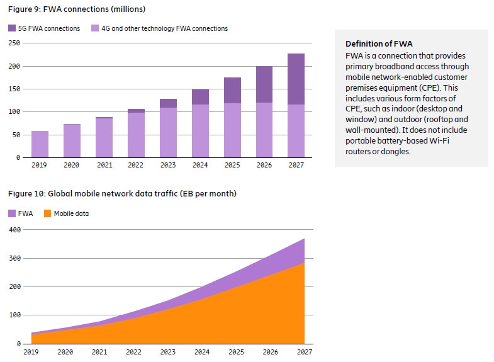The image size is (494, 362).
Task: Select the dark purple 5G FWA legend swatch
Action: coord(12,28)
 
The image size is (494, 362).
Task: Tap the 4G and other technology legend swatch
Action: coord(96,28)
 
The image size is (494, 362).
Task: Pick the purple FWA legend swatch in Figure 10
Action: coord(12,213)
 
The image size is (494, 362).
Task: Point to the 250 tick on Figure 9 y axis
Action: coord(13,43)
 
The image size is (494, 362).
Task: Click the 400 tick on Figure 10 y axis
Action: coord(13,230)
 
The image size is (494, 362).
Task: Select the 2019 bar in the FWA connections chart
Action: coord(40,144)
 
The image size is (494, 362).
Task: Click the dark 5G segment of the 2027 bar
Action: coord(296,79)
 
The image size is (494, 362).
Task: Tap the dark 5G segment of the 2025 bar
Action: coord(232,90)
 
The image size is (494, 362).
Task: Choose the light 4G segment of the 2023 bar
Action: coord(167,132)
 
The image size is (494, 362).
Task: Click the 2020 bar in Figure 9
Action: coord(72,140)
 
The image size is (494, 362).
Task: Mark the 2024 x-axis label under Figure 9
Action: coord(199,165)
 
